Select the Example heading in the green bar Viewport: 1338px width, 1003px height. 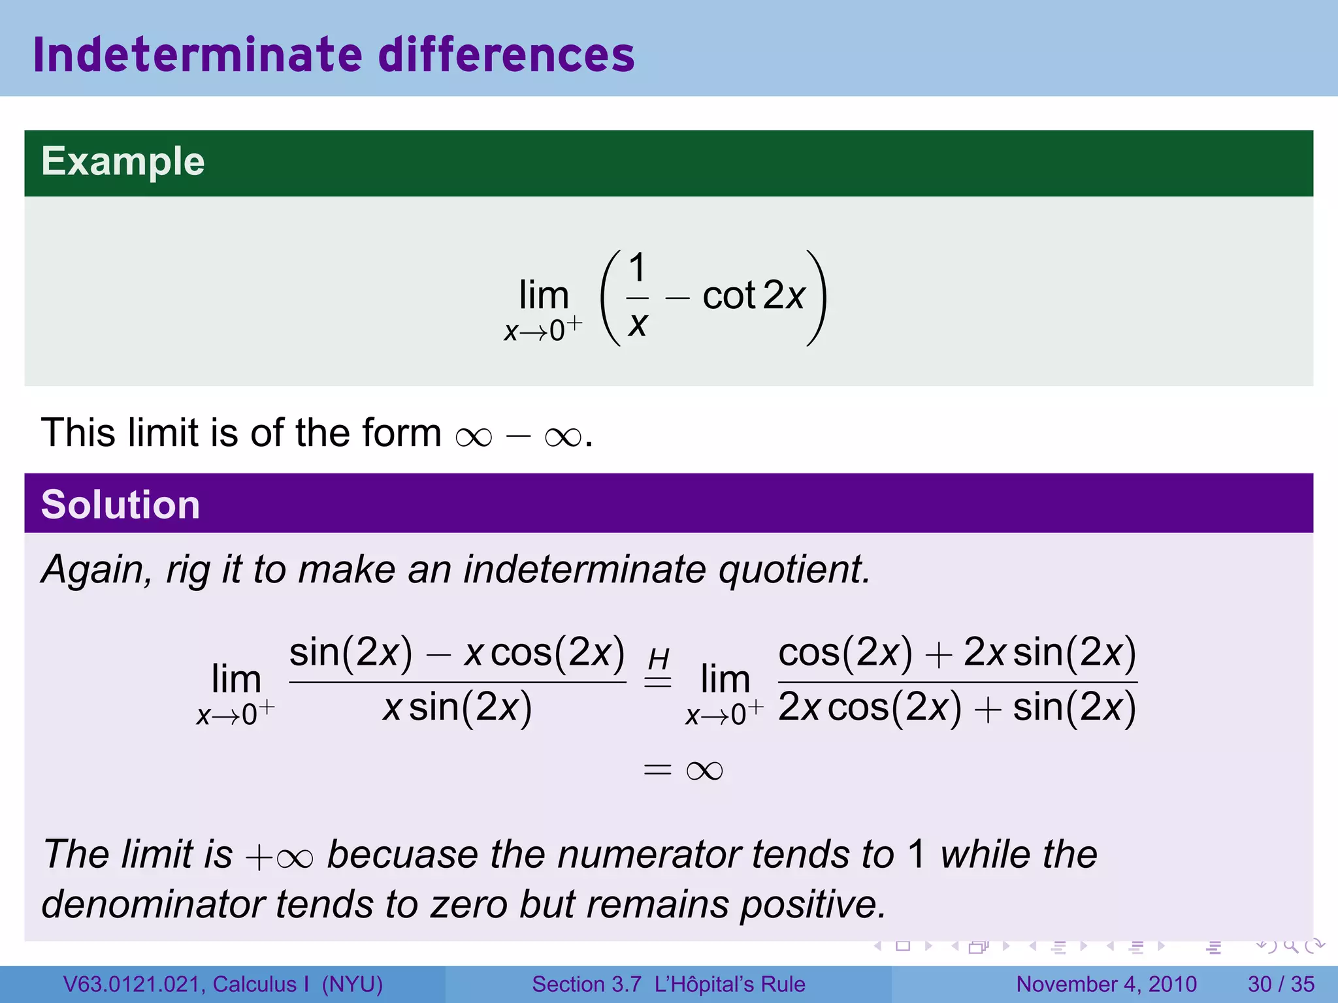click(x=123, y=161)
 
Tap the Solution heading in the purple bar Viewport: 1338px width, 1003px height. click(x=120, y=505)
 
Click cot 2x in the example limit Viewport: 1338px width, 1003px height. click(x=753, y=296)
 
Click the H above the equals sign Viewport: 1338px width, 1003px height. click(x=658, y=659)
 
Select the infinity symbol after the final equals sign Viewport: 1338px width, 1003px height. click(x=704, y=771)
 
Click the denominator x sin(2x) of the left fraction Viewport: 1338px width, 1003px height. click(x=457, y=708)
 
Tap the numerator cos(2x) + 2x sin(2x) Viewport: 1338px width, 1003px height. click(x=957, y=652)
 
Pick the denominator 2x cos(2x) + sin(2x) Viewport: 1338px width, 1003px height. click(x=957, y=708)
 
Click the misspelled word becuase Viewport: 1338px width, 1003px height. click(x=402, y=854)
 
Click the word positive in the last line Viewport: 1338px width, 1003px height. click(x=813, y=904)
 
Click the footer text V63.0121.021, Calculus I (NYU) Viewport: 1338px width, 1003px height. click(x=223, y=984)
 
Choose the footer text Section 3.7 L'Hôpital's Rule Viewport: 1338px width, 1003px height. click(x=668, y=984)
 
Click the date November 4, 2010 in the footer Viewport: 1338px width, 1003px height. click(x=1106, y=984)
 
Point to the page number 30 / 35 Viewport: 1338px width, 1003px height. click(x=1281, y=984)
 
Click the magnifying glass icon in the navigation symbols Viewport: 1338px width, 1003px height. click(x=1290, y=946)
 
